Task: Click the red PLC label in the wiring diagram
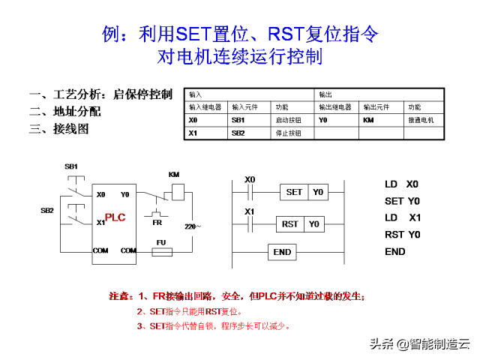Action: point(115,217)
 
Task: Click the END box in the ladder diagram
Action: point(282,252)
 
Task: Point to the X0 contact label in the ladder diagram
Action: point(250,180)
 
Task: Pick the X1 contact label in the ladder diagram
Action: point(250,211)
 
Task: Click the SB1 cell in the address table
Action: point(238,120)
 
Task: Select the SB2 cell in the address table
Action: point(238,133)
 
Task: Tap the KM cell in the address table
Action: point(368,120)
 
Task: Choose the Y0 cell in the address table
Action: point(322,120)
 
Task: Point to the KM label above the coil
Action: point(174,175)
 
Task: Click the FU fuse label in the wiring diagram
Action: point(160,241)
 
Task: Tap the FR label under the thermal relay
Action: point(157,222)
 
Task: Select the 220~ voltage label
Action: point(192,225)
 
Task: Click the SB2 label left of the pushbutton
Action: point(47,211)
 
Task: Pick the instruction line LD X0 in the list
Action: point(402,184)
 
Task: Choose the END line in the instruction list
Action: point(395,251)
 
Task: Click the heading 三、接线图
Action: point(58,128)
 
